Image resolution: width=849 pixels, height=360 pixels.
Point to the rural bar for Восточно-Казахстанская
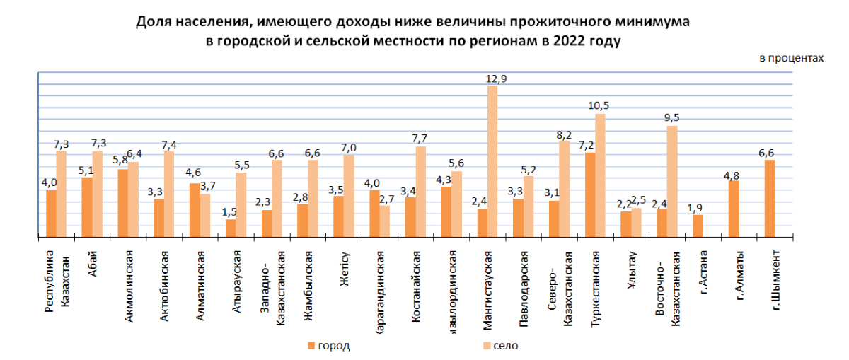tap(672, 181)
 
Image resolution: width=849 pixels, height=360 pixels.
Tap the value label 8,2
tap(564, 133)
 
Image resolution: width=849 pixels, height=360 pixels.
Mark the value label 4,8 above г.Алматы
tap(734, 173)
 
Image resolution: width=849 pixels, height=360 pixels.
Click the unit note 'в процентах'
tap(791, 58)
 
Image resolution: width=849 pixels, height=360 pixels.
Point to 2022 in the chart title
tap(571, 41)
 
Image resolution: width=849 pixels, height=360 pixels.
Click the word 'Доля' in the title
tap(151, 23)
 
